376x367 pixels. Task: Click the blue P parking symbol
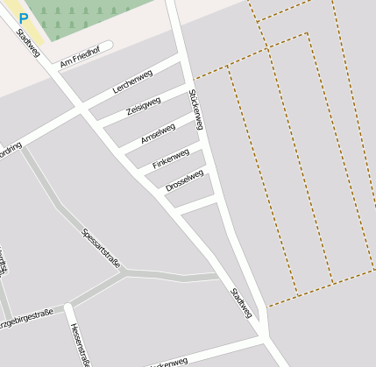point(24,17)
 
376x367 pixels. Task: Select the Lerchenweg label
point(133,81)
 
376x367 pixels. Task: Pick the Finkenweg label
point(170,159)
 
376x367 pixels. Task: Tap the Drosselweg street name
point(184,180)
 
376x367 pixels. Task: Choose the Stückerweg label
point(195,109)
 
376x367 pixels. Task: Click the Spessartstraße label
point(101,248)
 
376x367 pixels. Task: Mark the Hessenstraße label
point(80,342)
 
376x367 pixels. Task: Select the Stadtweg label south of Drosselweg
point(241,302)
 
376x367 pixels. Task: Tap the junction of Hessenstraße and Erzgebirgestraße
point(67,307)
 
